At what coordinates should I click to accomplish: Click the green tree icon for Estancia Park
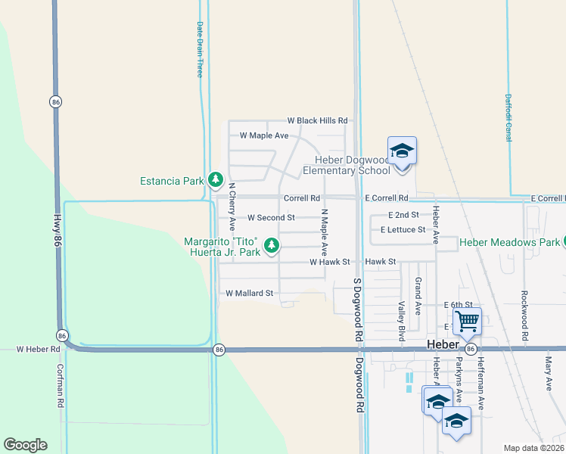click(216, 179)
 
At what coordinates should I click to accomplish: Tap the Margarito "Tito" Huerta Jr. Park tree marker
click(272, 244)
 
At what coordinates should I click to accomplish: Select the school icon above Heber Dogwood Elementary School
click(402, 151)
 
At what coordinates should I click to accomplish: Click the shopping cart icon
click(467, 321)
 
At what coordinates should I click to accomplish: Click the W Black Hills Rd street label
click(317, 120)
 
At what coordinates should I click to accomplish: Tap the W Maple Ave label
click(264, 135)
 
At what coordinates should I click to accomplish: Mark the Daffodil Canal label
click(508, 117)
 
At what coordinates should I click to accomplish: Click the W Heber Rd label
click(38, 349)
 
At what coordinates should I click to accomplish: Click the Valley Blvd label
click(403, 317)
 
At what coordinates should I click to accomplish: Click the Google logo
click(25, 445)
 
